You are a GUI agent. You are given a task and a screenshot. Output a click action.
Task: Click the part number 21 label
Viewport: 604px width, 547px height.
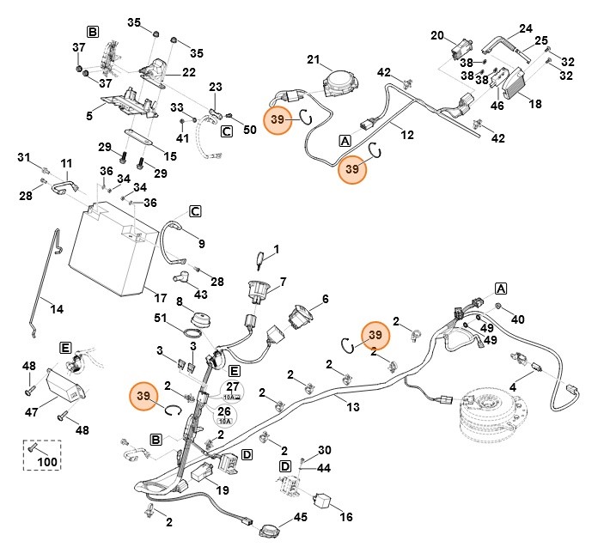313,59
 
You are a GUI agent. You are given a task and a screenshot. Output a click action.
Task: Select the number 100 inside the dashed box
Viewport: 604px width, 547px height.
47,463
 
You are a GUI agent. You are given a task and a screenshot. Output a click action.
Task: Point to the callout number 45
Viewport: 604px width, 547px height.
300,517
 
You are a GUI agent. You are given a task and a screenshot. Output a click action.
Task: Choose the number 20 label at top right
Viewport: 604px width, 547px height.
436,36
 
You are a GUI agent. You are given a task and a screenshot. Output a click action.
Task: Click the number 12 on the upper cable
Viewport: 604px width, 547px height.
407,135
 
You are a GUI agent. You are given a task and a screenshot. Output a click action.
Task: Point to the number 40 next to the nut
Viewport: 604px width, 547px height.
517,319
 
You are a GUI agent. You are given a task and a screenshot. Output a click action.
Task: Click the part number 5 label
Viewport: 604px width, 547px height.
89,115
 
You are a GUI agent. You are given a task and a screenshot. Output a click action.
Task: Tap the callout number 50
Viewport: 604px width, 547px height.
250,130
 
